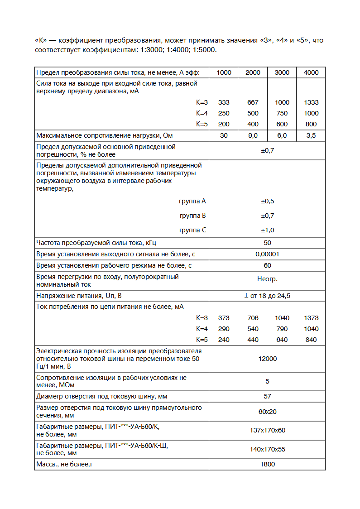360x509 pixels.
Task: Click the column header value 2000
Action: (253, 72)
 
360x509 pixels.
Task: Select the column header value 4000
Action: (311, 72)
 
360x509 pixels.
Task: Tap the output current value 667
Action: (253, 102)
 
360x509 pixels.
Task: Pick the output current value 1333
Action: (311, 102)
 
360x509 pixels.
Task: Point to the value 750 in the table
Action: (282, 113)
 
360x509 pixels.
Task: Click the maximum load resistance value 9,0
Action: (253, 135)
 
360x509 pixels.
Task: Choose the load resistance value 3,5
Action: (311, 135)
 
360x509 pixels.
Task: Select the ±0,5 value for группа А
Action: (267, 201)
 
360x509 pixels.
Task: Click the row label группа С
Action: (193, 230)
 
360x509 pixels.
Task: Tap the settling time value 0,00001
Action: (267, 254)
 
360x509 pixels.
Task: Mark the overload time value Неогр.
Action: (267, 279)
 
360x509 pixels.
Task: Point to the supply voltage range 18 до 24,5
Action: (270, 296)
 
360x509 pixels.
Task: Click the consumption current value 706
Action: (253, 318)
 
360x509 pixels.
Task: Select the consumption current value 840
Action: (311, 340)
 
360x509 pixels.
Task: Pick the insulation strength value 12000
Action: (267, 359)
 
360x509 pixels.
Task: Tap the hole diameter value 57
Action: (267, 396)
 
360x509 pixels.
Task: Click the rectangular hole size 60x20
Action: (267, 411)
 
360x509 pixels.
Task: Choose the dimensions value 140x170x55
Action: (267, 449)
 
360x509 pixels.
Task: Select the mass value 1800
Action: (267, 464)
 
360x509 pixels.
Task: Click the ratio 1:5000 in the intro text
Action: (205, 49)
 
